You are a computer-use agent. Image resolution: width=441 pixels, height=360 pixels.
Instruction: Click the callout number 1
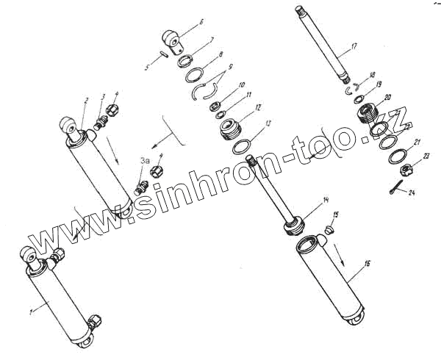(x=30, y=312)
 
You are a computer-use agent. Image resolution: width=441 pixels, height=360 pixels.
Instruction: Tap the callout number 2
(x=86, y=99)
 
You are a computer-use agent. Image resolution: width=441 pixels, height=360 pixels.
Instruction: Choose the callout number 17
(x=354, y=46)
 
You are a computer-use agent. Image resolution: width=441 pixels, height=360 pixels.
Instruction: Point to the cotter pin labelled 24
(x=398, y=186)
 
